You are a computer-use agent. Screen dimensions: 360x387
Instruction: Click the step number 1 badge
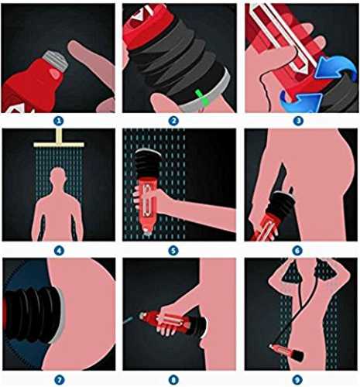point(59,121)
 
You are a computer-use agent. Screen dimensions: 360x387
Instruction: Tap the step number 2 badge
point(173,121)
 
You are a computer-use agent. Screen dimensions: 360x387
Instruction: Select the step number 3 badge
point(298,121)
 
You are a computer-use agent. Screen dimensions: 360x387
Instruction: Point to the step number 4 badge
point(59,250)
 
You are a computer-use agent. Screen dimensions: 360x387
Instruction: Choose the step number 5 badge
point(173,250)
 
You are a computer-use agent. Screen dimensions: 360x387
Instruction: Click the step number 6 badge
point(298,250)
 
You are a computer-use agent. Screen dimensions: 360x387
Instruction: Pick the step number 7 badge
point(59,380)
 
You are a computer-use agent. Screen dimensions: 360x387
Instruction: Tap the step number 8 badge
point(173,380)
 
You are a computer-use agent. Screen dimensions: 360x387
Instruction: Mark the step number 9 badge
point(298,380)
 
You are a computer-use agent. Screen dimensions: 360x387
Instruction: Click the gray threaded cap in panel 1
point(56,60)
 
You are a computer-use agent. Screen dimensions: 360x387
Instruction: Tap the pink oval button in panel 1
point(54,73)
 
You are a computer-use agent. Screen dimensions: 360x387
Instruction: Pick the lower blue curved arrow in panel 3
point(300,101)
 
